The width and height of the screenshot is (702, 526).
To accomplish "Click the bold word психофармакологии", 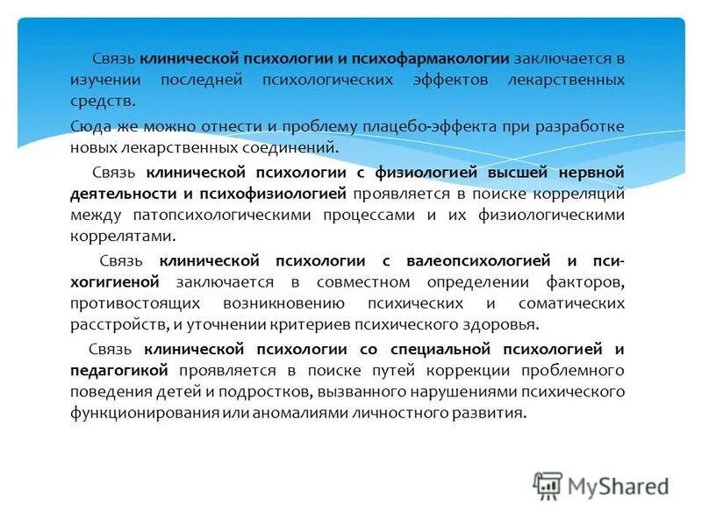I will pos(430,59).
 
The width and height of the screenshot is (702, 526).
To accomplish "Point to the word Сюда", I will pos(90,126).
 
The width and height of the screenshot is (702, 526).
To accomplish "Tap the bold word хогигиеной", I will pos(114,282).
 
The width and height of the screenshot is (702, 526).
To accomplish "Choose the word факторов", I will pos(588,282).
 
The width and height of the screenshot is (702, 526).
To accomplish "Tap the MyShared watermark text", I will pos(618,486).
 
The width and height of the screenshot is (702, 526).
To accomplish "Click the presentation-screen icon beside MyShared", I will pos(547,486).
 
